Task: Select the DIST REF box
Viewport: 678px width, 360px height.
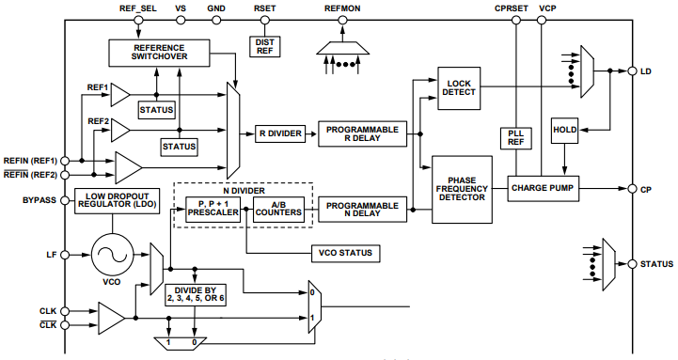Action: pos(264,45)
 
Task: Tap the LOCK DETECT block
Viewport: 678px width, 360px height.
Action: pos(460,87)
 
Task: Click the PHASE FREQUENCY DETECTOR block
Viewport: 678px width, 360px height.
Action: pos(461,188)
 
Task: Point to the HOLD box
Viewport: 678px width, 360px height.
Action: pos(565,130)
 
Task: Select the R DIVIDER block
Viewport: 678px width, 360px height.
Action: pos(279,133)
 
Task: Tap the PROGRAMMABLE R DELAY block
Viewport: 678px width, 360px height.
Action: pos(362,133)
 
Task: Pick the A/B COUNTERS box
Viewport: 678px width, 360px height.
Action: pos(280,210)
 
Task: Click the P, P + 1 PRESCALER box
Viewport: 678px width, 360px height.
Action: pos(213,210)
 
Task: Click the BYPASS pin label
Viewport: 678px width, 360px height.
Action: pos(38,200)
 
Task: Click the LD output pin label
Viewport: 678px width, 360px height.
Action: pos(646,71)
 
